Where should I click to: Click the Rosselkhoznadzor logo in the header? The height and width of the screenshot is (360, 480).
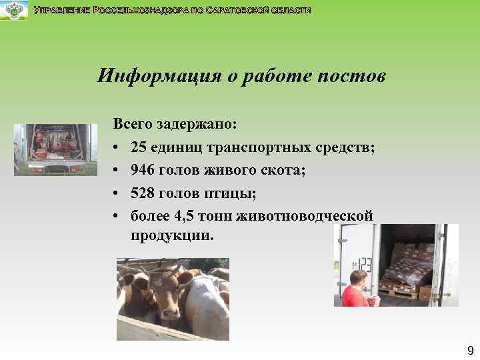tap(14, 11)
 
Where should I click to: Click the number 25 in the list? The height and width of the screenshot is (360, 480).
tap(139, 147)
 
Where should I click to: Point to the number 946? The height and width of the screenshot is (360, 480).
tap(143, 170)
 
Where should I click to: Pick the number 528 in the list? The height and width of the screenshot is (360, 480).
tap(143, 193)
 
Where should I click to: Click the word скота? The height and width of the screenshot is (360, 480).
tap(283, 170)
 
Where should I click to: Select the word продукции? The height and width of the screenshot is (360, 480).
tap(173, 237)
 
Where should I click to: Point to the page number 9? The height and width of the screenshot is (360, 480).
tap(470, 351)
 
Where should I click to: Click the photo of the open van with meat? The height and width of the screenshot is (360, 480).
tap(55, 149)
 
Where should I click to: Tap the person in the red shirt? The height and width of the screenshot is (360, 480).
tap(355, 289)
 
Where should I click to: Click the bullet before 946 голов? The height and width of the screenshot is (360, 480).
tap(117, 170)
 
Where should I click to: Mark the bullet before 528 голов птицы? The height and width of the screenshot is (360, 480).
tap(117, 193)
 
